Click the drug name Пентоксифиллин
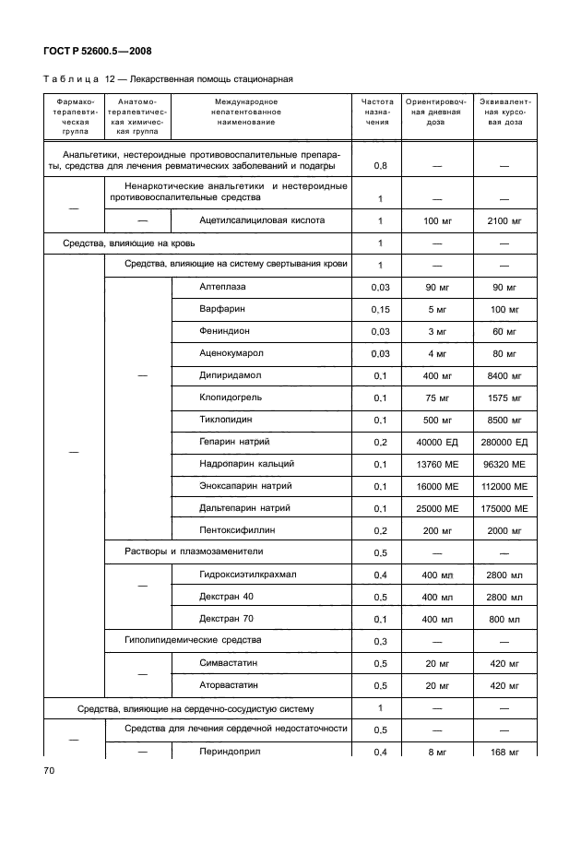[x=236, y=531]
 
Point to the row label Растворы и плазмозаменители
[x=194, y=552]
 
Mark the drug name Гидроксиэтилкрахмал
[x=247, y=575]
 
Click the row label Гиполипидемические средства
[x=193, y=641]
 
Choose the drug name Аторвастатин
[x=231, y=685]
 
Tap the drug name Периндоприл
[x=229, y=753]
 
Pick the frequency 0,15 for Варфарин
[x=378, y=310]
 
